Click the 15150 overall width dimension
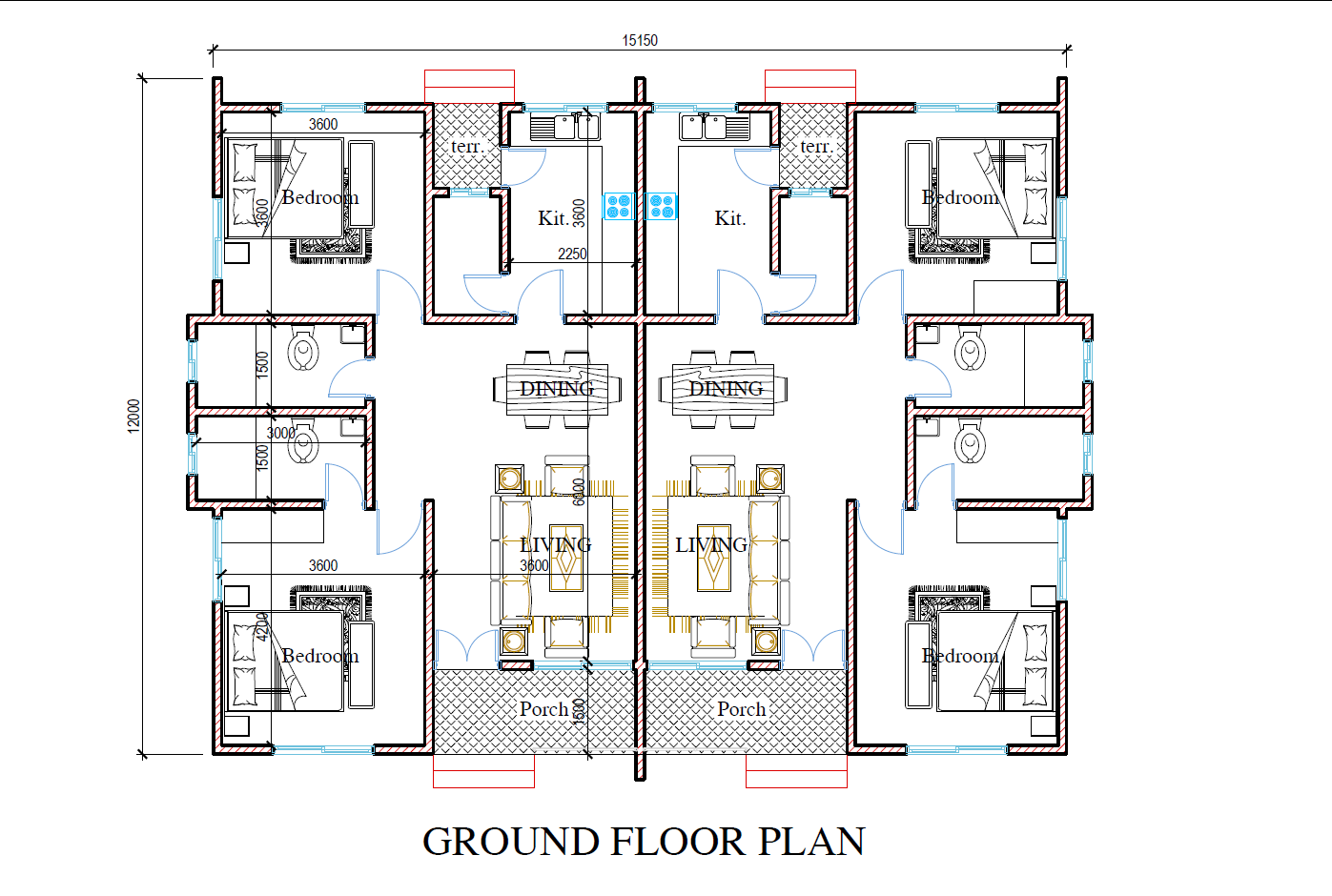pyautogui.click(x=640, y=40)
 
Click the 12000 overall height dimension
pyautogui.click(x=133, y=416)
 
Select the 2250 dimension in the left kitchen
pyautogui.click(x=572, y=254)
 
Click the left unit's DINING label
pyautogui.click(x=557, y=389)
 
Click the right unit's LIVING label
pyautogui.click(x=711, y=545)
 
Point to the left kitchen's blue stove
pyautogui.click(x=619, y=206)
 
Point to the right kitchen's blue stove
pyautogui.click(x=662, y=206)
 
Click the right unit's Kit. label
pyautogui.click(x=730, y=218)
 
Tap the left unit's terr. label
pyautogui.click(x=467, y=147)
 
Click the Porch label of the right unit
pyautogui.click(x=742, y=709)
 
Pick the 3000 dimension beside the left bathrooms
pyautogui.click(x=280, y=433)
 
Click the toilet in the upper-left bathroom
pyautogui.click(x=303, y=350)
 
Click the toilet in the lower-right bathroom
pyautogui.click(x=971, y=442)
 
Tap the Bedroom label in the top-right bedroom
pyautogui.click(x=960, y=197)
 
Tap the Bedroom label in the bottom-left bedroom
pyautogui.click(x=320, y=656)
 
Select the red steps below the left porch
pyautogui.click(x=483, y=771)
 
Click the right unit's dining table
pyautogui.click(x=723, y=390)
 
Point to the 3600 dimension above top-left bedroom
pyautogui.click(x=323, y=124)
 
